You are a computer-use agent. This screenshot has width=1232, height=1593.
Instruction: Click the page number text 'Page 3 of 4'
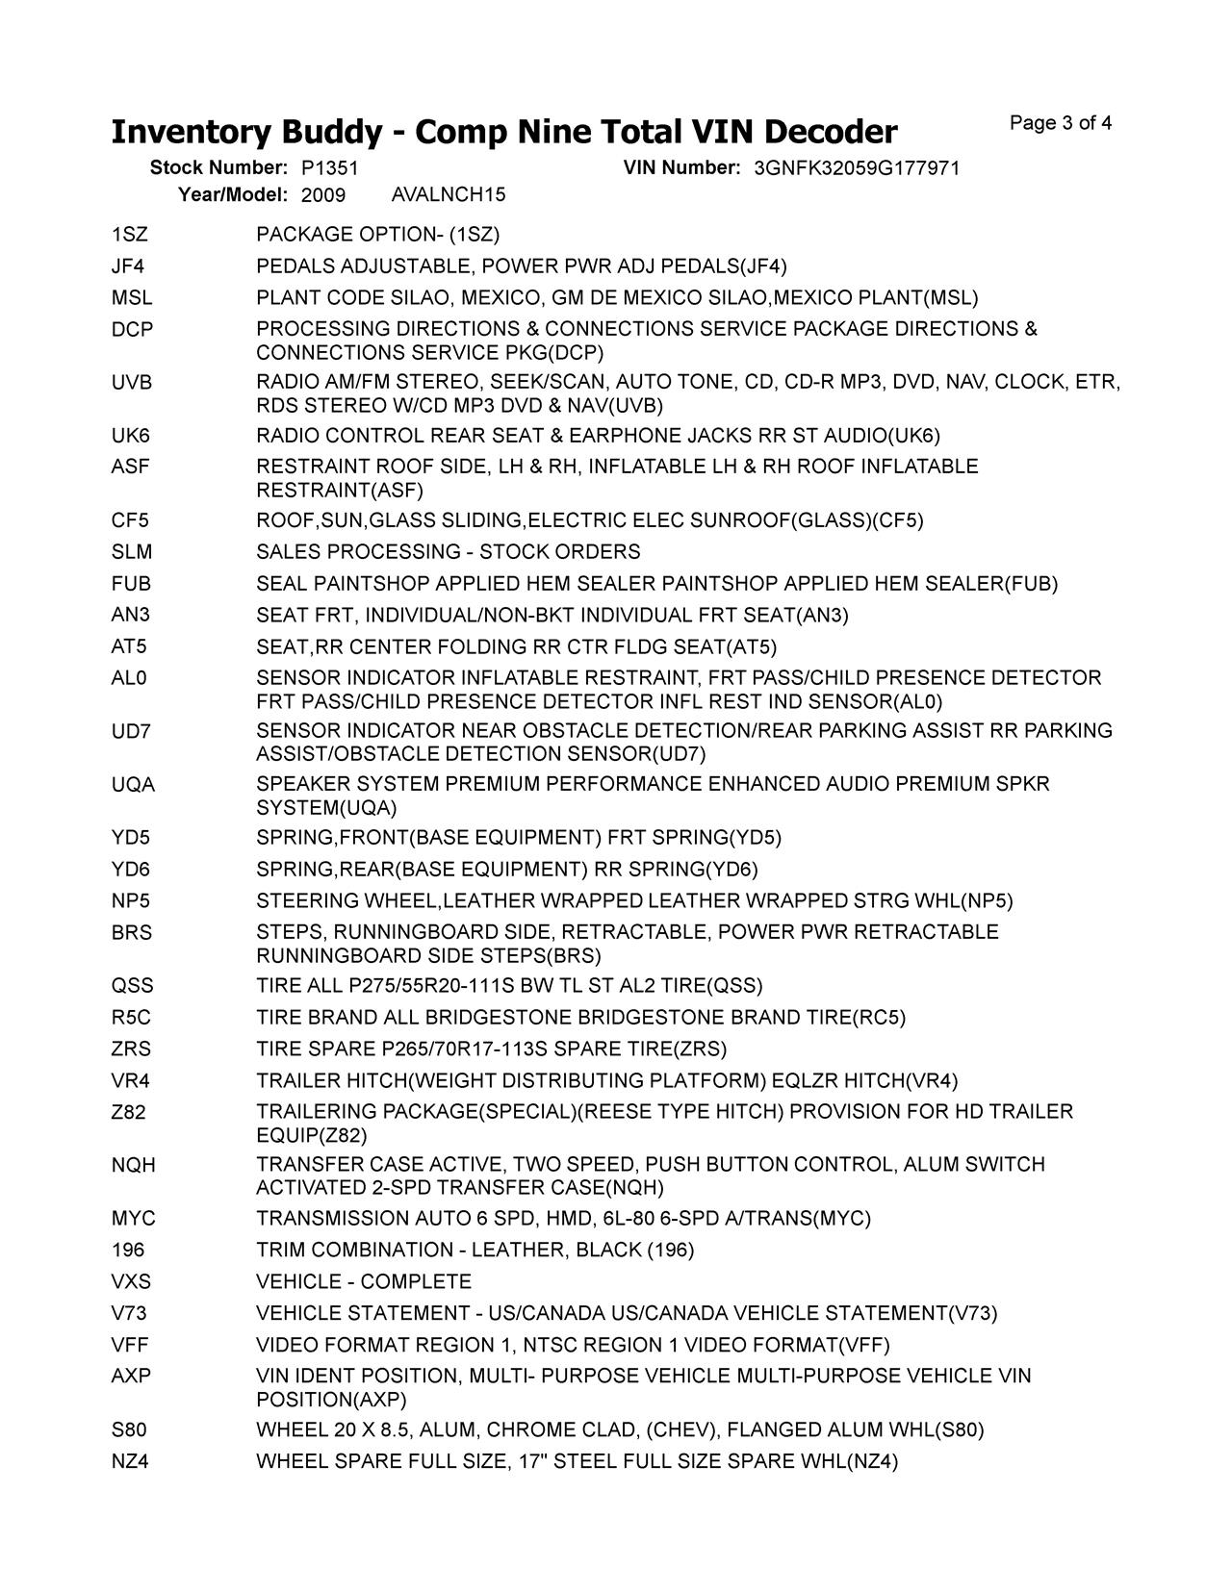point(1061,123)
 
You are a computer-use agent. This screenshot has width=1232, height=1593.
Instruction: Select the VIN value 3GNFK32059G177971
point(857,168)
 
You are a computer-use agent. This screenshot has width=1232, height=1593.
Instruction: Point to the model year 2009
point(323,195)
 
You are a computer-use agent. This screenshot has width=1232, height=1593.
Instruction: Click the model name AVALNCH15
point(449,195)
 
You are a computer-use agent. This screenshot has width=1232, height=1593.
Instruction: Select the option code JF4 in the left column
point(128,266)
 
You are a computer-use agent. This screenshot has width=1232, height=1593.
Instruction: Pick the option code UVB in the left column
point(132,383)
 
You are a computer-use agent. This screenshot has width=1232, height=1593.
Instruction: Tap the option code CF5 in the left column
point(130,520)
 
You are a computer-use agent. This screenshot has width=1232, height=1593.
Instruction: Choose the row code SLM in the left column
point(132,552)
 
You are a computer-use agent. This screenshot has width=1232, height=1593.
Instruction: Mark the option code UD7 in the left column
point(131,731)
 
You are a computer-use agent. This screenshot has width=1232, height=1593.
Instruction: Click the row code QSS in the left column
point(132,986)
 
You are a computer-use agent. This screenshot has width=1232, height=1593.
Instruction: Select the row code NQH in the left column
point(133,1165)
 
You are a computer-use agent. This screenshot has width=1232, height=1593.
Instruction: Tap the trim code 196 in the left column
point(128,1250)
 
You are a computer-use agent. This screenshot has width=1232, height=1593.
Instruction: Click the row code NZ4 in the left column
point(130,1461)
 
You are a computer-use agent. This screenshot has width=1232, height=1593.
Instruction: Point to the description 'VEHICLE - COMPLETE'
point(364,1282)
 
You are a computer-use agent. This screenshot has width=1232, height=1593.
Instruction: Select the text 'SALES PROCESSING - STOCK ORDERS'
point(448,552)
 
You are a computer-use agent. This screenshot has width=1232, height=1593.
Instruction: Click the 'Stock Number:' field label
point(218,168)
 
